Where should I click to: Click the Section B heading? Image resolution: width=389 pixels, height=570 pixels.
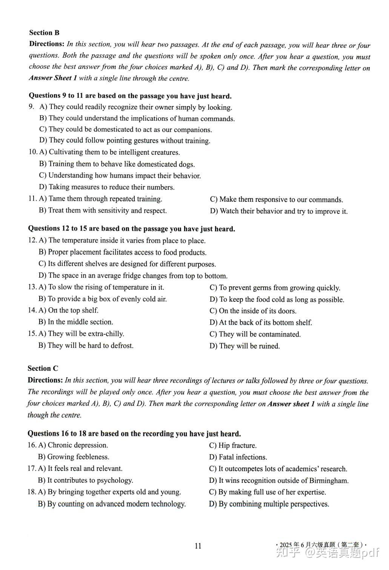(44, 33)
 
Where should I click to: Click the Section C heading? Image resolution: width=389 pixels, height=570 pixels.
(43, 369)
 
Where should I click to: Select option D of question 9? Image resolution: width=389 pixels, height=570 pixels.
(125, 141)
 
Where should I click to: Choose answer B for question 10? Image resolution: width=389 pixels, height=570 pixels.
(117, 164)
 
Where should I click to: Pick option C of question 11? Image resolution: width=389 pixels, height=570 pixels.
(276, 200)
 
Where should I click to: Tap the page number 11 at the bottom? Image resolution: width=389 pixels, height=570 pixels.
(198, 546)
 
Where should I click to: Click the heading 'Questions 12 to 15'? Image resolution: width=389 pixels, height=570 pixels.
(131, 229)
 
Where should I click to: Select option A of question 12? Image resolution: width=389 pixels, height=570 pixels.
(122, 240)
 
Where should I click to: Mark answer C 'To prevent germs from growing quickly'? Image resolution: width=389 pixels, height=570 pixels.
(275, 288)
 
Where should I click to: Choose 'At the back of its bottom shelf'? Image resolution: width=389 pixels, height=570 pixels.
(261, 323)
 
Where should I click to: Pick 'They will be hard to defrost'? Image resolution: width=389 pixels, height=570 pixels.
(86, 346)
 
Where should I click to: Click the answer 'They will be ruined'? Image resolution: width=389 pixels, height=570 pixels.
(244, 346)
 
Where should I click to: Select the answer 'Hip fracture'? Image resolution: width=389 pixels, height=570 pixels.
(233, 446)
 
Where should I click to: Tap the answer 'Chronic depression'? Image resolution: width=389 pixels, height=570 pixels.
(73, 445)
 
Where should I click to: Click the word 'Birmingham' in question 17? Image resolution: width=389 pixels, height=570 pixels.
(329, 481)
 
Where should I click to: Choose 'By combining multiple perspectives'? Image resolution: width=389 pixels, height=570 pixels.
(269, 504)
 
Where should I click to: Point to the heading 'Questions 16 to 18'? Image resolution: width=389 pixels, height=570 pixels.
(134, 434)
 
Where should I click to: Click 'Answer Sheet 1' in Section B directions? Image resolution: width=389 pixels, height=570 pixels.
(53, 78)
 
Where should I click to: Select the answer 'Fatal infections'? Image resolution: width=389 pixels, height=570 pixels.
(238, 457)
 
